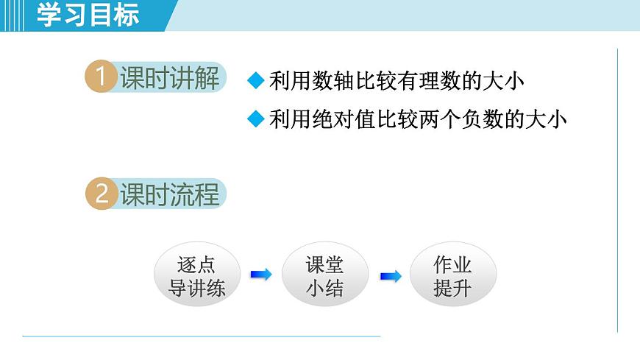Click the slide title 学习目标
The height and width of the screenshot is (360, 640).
click(x=88, y=15)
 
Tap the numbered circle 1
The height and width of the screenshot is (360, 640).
click(x=101, y=77)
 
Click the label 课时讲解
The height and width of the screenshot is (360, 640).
click(x=169, y=77)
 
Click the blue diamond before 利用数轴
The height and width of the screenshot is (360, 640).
click(x=255, y=80)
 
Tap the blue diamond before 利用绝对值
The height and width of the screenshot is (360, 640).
click(x=255, y=119)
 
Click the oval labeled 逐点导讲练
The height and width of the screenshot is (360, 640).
click(x=196, y=275)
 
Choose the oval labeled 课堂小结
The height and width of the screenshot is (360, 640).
click(x=324, y=275)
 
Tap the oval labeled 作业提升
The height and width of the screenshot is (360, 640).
click(x=452, y=275)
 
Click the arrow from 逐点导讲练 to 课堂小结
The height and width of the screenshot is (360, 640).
click(x=260, y=275)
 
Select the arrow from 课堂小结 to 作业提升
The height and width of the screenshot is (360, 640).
click(x=390, y=276)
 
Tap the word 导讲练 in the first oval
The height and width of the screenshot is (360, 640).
click(x=196, y=287)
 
